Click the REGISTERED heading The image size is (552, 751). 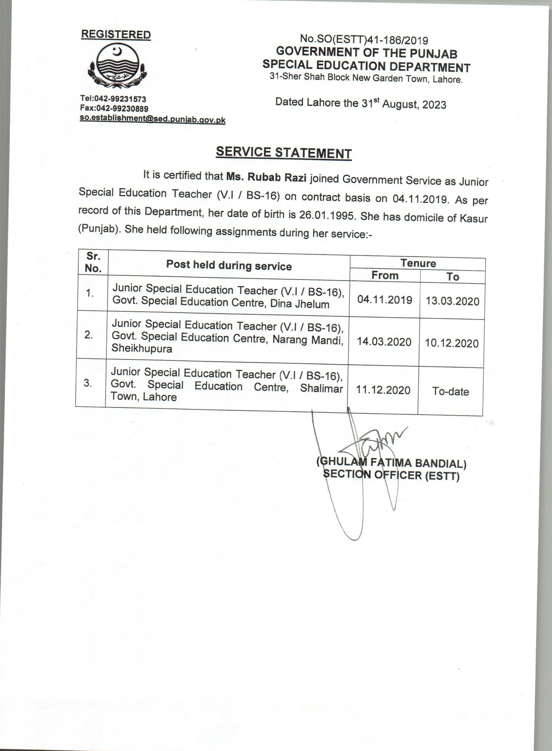(x=116, y=35)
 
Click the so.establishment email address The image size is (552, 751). (x=152, y=119)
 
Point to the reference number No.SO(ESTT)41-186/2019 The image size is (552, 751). (x=364, y=40)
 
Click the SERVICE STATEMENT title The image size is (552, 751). (x=283, y=153)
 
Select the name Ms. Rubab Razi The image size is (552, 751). (x=266, y=177)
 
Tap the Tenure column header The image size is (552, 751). (x=418, y=264)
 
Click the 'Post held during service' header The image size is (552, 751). (x=229, y=266)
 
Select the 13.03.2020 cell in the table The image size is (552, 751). (x=452, y=301)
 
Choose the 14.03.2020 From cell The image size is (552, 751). (x=384, y=342)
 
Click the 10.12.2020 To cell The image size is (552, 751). (x=452, y=344)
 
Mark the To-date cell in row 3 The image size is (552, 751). (x=450, y=391)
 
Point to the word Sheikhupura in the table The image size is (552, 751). (x=142, y=349)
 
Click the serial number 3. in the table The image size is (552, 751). (x=88, y=383)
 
